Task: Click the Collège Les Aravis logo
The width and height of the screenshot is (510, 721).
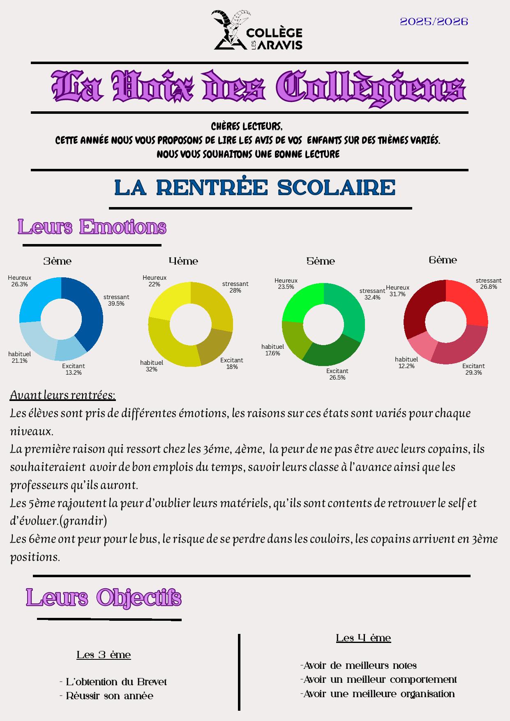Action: (x=258, y=31)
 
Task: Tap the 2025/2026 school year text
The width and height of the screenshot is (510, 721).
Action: (x=434, y=22)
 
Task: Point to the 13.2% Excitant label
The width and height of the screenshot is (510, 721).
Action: (x=74, y=369)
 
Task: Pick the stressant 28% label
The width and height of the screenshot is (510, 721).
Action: (x=235, y=287)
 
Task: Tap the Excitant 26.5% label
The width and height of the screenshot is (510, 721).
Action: (x=337, y=374)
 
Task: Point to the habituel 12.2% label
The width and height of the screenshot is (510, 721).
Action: (x=406, y=363)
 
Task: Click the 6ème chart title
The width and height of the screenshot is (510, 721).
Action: (x=443, y=260)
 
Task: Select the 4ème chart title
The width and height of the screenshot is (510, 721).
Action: (x=183, y=261)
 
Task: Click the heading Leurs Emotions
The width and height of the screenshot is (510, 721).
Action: (x=92, y=227)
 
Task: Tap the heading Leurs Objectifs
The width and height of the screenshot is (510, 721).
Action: (x=104, y=598)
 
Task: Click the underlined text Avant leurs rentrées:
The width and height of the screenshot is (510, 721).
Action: (x=63, y=395)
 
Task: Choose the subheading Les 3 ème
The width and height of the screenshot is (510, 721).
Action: (x=104, y=655)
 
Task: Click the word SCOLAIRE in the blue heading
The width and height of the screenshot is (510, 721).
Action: (x=336, y=188)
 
